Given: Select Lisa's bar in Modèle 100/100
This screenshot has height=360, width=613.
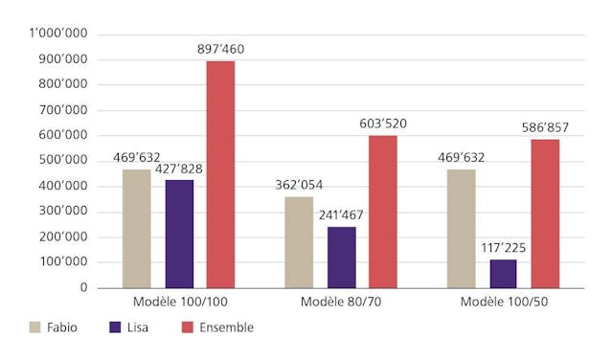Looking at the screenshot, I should tap(179, 234).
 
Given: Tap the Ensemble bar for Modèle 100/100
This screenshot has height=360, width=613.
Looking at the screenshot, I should tap(220, 174).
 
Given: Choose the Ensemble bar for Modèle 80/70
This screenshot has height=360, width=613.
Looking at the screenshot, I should tap(382, 212).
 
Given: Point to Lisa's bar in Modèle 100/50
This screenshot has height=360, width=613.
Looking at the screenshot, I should tap(503, 273).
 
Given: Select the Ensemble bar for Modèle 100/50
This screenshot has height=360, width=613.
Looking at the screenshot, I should tap(545, 214).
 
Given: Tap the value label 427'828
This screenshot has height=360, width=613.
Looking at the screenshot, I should tap(179, 168).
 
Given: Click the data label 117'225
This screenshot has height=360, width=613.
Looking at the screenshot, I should tap(503, 246).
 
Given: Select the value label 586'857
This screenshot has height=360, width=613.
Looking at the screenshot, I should tap(545, 126).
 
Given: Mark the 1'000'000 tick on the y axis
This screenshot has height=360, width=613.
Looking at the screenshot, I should tap(59, 34).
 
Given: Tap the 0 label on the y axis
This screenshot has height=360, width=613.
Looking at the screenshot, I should tap(84, 287).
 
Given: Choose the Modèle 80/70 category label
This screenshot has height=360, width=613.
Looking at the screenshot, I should tap(340, 303).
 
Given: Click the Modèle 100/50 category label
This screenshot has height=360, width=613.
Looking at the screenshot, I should tap(503, 303).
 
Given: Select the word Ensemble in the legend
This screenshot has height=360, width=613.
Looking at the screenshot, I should tap(226, 327).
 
